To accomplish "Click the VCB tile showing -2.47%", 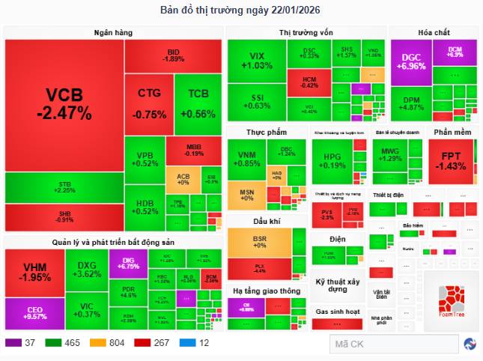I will click(x=64, y=104).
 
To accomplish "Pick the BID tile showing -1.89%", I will click(x=173, y=55).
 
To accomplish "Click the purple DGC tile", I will click(x=413, y=61).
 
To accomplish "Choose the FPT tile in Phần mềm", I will click(x=452, y=160).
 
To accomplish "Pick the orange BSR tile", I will click(x=259, y=242).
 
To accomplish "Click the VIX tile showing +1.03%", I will click(x=256, y=61).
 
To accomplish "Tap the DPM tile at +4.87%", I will click(x=412, y=103).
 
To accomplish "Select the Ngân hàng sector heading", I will click(x=113, y=31).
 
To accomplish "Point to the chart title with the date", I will click(x=241, y=10).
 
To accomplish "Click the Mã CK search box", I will click(x=393, y=344).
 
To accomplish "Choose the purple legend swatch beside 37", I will click(x=13, y=343).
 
